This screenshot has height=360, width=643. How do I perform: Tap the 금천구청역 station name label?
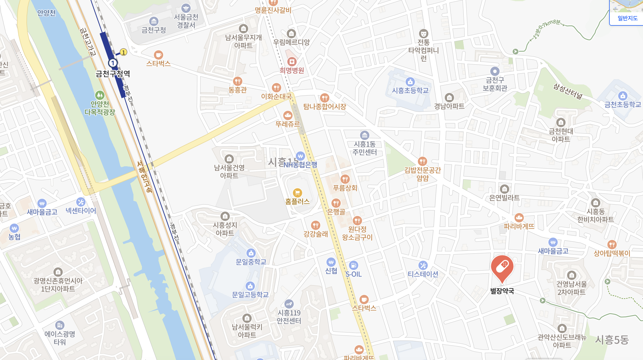[x=113, y=74]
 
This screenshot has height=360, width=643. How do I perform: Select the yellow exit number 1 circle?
[x=124, y=52]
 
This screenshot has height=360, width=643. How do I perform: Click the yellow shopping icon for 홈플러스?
[x=297, y=193]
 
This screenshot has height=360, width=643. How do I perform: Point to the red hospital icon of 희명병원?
[x=292, y=62]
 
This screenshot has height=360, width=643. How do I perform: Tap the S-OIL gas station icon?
[x=353, y=265]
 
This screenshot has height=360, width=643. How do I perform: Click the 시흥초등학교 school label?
[x=410, y=91]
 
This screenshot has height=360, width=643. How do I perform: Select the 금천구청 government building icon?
[x=154, y=21]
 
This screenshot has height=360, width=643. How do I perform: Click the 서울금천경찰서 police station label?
[x=186, y=21]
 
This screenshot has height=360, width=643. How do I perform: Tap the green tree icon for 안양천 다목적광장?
[x=100, y=95]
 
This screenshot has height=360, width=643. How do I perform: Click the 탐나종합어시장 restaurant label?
[x=324, y=107]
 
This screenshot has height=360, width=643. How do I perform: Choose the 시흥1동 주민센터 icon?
[x=364, y=135]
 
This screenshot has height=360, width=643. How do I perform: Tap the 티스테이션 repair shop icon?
[x=423, y=265]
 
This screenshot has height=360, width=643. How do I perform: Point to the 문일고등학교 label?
[x=250, y=295]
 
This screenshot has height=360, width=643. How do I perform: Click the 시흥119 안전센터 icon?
[x=289, y=304]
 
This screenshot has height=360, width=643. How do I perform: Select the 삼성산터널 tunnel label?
[x=568, y=91]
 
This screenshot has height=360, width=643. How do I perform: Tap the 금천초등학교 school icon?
[x=623, y=96]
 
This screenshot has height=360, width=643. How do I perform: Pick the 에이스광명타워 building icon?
[x=60, y=325]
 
